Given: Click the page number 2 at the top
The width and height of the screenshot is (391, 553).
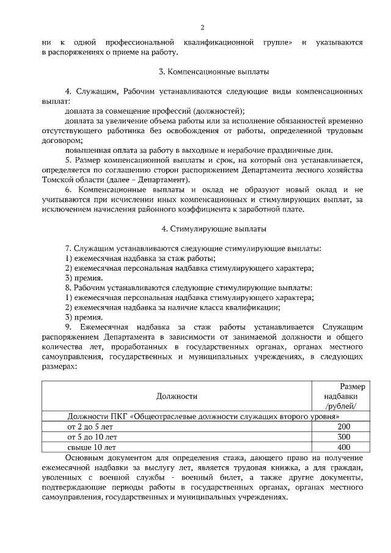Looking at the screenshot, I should click(x=203, y=27).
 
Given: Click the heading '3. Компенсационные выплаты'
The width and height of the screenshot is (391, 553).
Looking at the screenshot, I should click(x=202, y=72).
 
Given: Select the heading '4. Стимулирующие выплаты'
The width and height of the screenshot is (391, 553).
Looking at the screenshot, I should click(x=203, y=229).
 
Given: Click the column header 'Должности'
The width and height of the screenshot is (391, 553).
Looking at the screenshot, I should click(x=177, y=396).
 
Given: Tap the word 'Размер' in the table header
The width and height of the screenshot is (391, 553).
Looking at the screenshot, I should click(x=353, y=386).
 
